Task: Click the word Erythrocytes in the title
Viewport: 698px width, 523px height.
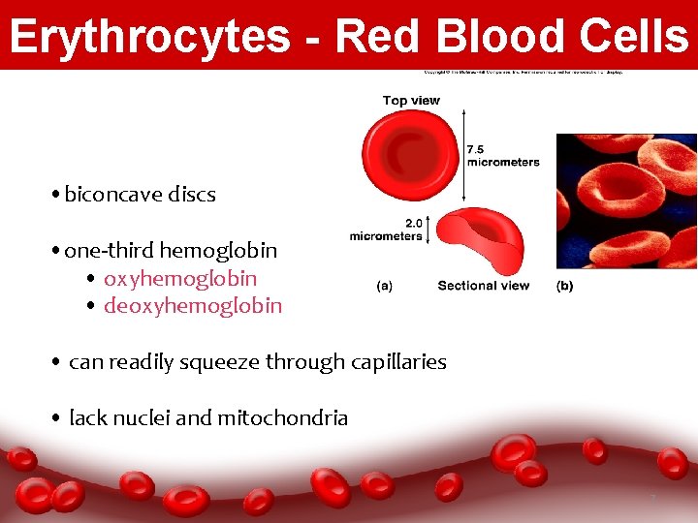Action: [x=148, y=37]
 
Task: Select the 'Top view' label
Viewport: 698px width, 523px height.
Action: [x=411, y=101]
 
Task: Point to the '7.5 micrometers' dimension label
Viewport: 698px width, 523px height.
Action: [x=502, y=156]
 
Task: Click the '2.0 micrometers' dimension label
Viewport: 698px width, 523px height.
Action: [x=387, y=230]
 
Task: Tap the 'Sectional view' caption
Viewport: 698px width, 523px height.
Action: [x=483, y=286]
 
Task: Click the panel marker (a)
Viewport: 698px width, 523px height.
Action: [x=384, y=286]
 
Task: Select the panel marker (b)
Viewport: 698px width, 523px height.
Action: [x=564, y=286]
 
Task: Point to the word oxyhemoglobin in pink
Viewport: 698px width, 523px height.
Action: [x=180, y=279]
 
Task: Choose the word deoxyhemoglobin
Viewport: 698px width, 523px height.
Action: [x=193, y=307]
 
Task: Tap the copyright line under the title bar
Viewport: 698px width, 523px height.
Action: [x=523, y=72]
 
